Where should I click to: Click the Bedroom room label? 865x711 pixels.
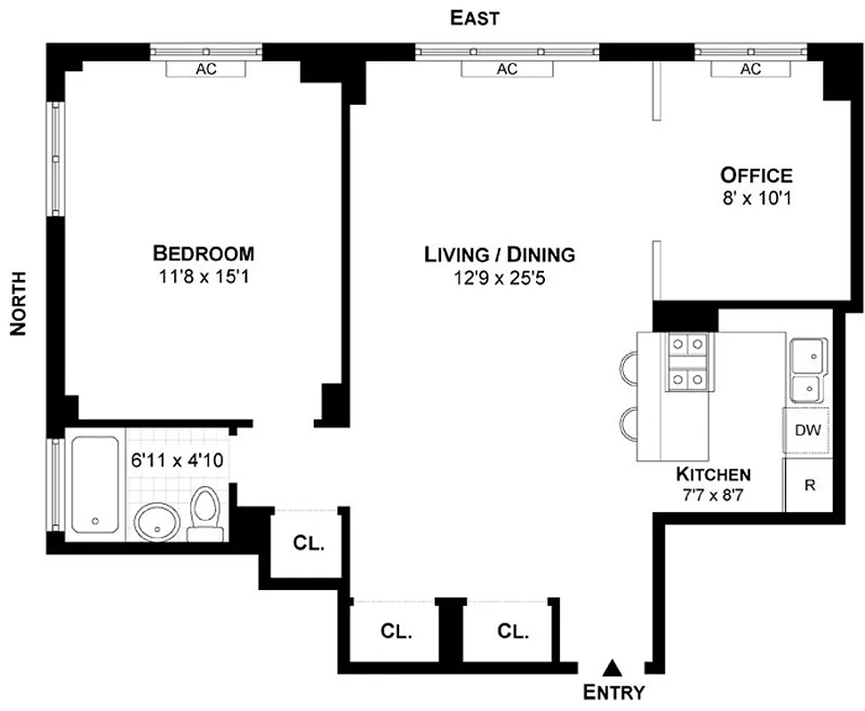(204, 252)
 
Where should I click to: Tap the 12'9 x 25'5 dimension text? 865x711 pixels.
(499, 276)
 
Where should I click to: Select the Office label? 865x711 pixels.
(756, 174)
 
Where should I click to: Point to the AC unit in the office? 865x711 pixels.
(750, 68)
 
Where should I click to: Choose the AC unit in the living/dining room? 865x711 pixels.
(507, 68)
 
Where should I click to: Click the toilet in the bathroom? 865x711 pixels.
(205, 514)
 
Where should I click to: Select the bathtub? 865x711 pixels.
(94, 484)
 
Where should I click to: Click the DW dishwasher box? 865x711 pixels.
(806, 431)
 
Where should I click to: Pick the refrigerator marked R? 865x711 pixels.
(808, 485)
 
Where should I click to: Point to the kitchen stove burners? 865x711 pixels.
(687, 363)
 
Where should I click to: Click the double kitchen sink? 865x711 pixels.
(807, 369)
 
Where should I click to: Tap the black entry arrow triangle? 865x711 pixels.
(612, 667)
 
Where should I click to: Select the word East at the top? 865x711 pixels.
(475, 17)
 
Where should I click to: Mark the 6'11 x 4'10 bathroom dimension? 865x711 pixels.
(177, 461)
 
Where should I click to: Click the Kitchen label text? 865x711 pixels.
(713, 474)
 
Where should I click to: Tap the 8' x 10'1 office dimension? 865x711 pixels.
(756, 196)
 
